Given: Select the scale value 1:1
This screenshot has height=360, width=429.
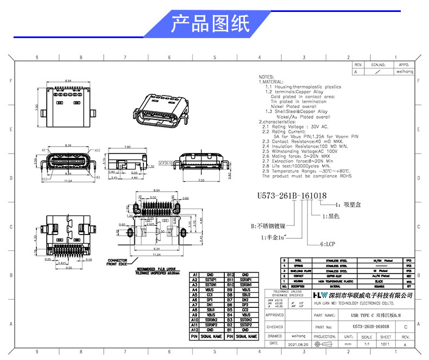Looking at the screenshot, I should (366, 344).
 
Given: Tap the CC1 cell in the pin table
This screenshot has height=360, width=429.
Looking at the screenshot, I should (210, 295).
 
